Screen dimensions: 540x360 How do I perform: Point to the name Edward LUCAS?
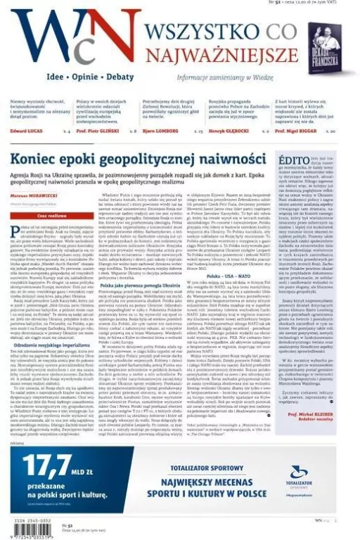(27, 131)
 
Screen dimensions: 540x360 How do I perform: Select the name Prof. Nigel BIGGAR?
(299, 131)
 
